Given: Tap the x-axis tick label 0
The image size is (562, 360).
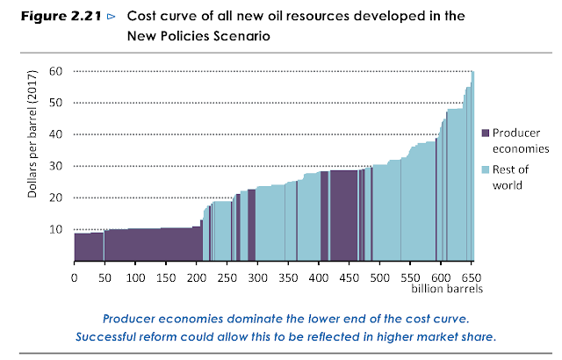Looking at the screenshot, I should [74, 277].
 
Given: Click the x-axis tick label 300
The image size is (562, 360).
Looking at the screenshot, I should [258, 277].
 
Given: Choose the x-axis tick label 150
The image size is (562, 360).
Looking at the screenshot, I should [166, 277].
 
